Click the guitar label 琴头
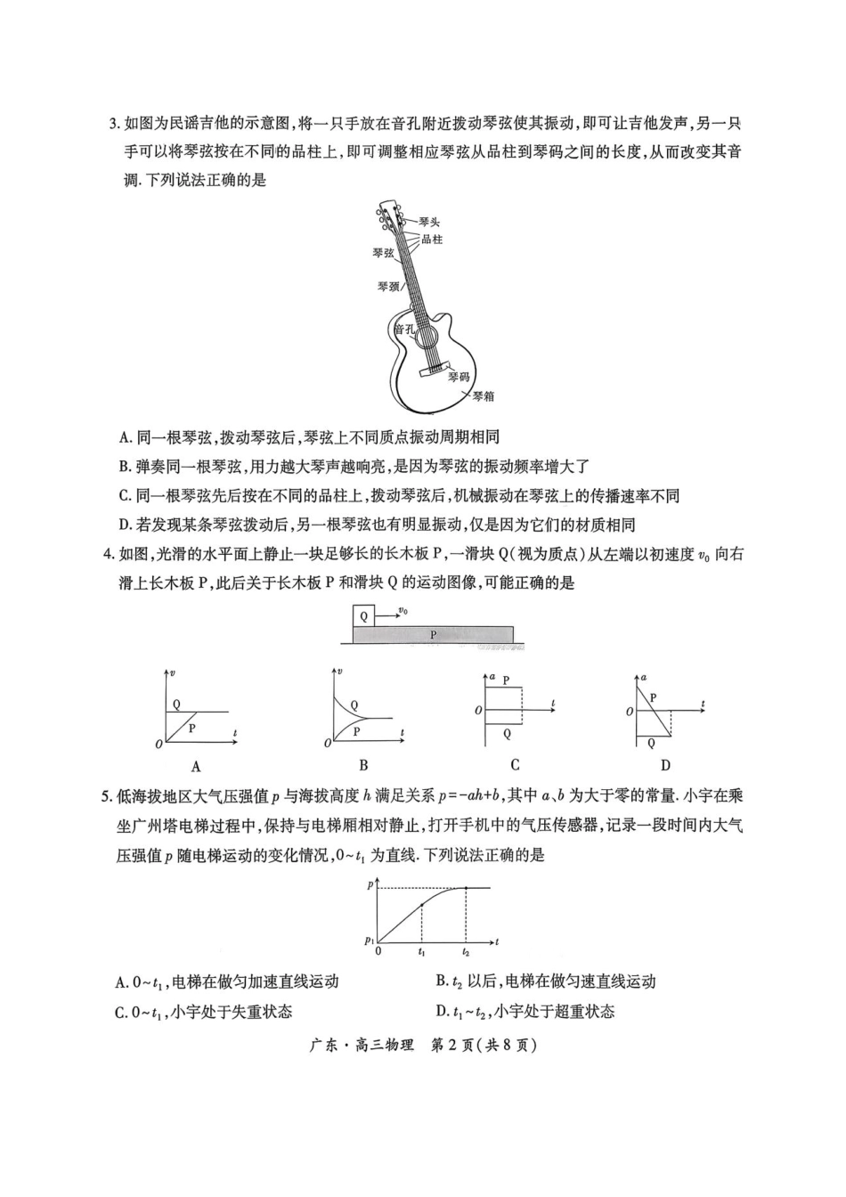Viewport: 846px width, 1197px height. pyautogui.click(x=428, y=222)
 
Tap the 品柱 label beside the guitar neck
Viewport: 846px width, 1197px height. pyautogui.click(x=432, y=240)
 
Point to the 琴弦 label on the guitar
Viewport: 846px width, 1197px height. pyautogui.click(x=383, y=253)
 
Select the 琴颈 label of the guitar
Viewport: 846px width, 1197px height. pyautogui.click(x=387, y=287)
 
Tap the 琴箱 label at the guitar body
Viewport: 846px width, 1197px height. pyautogui.click(x=483, y=396)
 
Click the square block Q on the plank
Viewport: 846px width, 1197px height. pyautogui.click(x=363, y=615)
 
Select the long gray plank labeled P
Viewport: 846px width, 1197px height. pyautogui.click(x=434, y=634)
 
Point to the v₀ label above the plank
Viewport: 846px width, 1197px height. pyautogui.click(x=403, y=610)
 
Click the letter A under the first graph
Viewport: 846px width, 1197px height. pyautogui.click(x=196, y=766)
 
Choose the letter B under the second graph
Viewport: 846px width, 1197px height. pyautogui.click(x=363, y=765)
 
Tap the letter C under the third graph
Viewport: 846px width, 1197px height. pyautogui.click(x=515, y=765)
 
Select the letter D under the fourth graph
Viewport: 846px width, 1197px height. pyautogui.click(x=665, y=765)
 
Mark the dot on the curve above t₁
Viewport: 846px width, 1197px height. pyautogui.click(x=421, y=906)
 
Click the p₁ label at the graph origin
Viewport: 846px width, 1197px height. pyautogui.click(x=369, y=940)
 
